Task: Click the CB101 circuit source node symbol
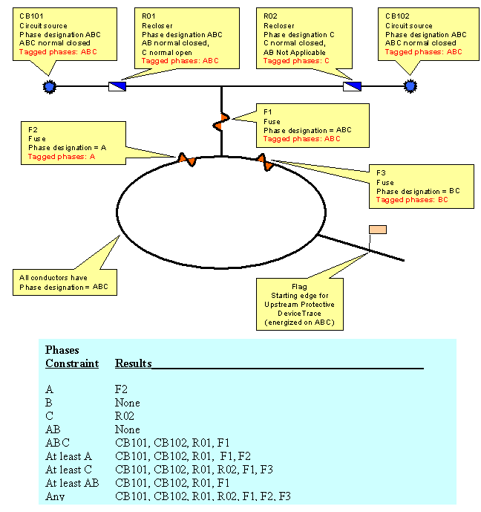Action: pyautogui.click(x=50, y=87)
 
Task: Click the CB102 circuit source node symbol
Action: pyautogui.click(x=409, y=87)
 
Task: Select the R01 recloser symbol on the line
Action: pyautogui.click(x=117, y=87)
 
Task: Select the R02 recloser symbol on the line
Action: pyautogui.click(x=352, y=87)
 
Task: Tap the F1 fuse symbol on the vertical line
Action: pyautogui.click(x=220, y=120)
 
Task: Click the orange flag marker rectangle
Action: pyautogui.click(x=378, y=229)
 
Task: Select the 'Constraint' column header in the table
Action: pyautogui.click(x=72, y=363)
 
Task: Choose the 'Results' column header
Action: pyautogui.click(x=134, y=363)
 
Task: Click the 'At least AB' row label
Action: pyautogui.click(x=70, y=483)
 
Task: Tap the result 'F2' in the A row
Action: pyautogui.click(x=123, y=389)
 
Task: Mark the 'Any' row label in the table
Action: pyautogui.click(x=55, y=496)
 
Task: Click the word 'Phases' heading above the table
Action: pyautogui.click(x=62, y=350)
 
